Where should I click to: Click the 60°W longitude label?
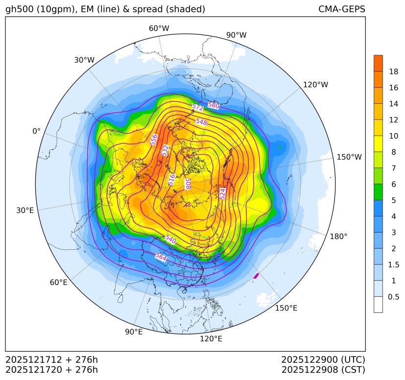[159, 28]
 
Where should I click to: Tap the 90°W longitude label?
[236, 35]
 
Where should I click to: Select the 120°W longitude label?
[315, 85]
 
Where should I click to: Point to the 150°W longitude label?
[349, 157]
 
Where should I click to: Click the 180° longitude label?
[338, 237]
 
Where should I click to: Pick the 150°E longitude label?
[286, 308]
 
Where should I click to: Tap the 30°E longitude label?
[25, 211]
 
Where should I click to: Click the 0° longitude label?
[36, 131]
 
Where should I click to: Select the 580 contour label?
[214, 105]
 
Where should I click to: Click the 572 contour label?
[198, 107]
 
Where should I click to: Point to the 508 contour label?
[188, 184]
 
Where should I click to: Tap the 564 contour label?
[161, 257]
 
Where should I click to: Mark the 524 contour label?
[223, 193]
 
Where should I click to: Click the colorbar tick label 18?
[393, 71]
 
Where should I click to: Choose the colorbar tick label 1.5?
[394, 264]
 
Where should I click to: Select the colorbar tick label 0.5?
[394, 297]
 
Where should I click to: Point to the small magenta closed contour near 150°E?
[256, 276]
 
